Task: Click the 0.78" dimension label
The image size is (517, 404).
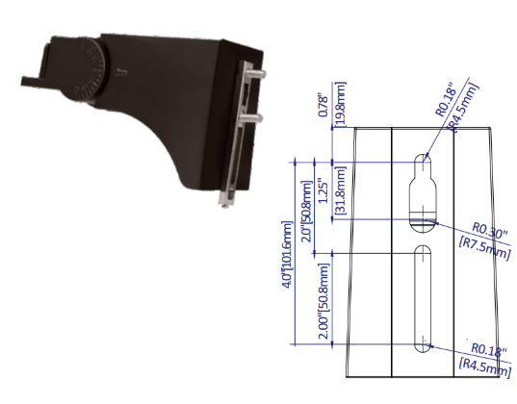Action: [x=324, y=106]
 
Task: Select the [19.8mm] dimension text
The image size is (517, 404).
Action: [x=340, y=105]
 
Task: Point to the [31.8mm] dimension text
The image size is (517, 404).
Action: [x=340, y=190]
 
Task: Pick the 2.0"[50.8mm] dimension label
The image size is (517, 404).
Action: [x=307, y=211]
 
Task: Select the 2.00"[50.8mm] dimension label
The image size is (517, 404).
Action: [x=323, y=301]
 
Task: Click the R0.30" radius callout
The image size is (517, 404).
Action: [x=490, y=231]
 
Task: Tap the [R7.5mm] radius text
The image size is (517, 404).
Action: [x=485, y=247]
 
